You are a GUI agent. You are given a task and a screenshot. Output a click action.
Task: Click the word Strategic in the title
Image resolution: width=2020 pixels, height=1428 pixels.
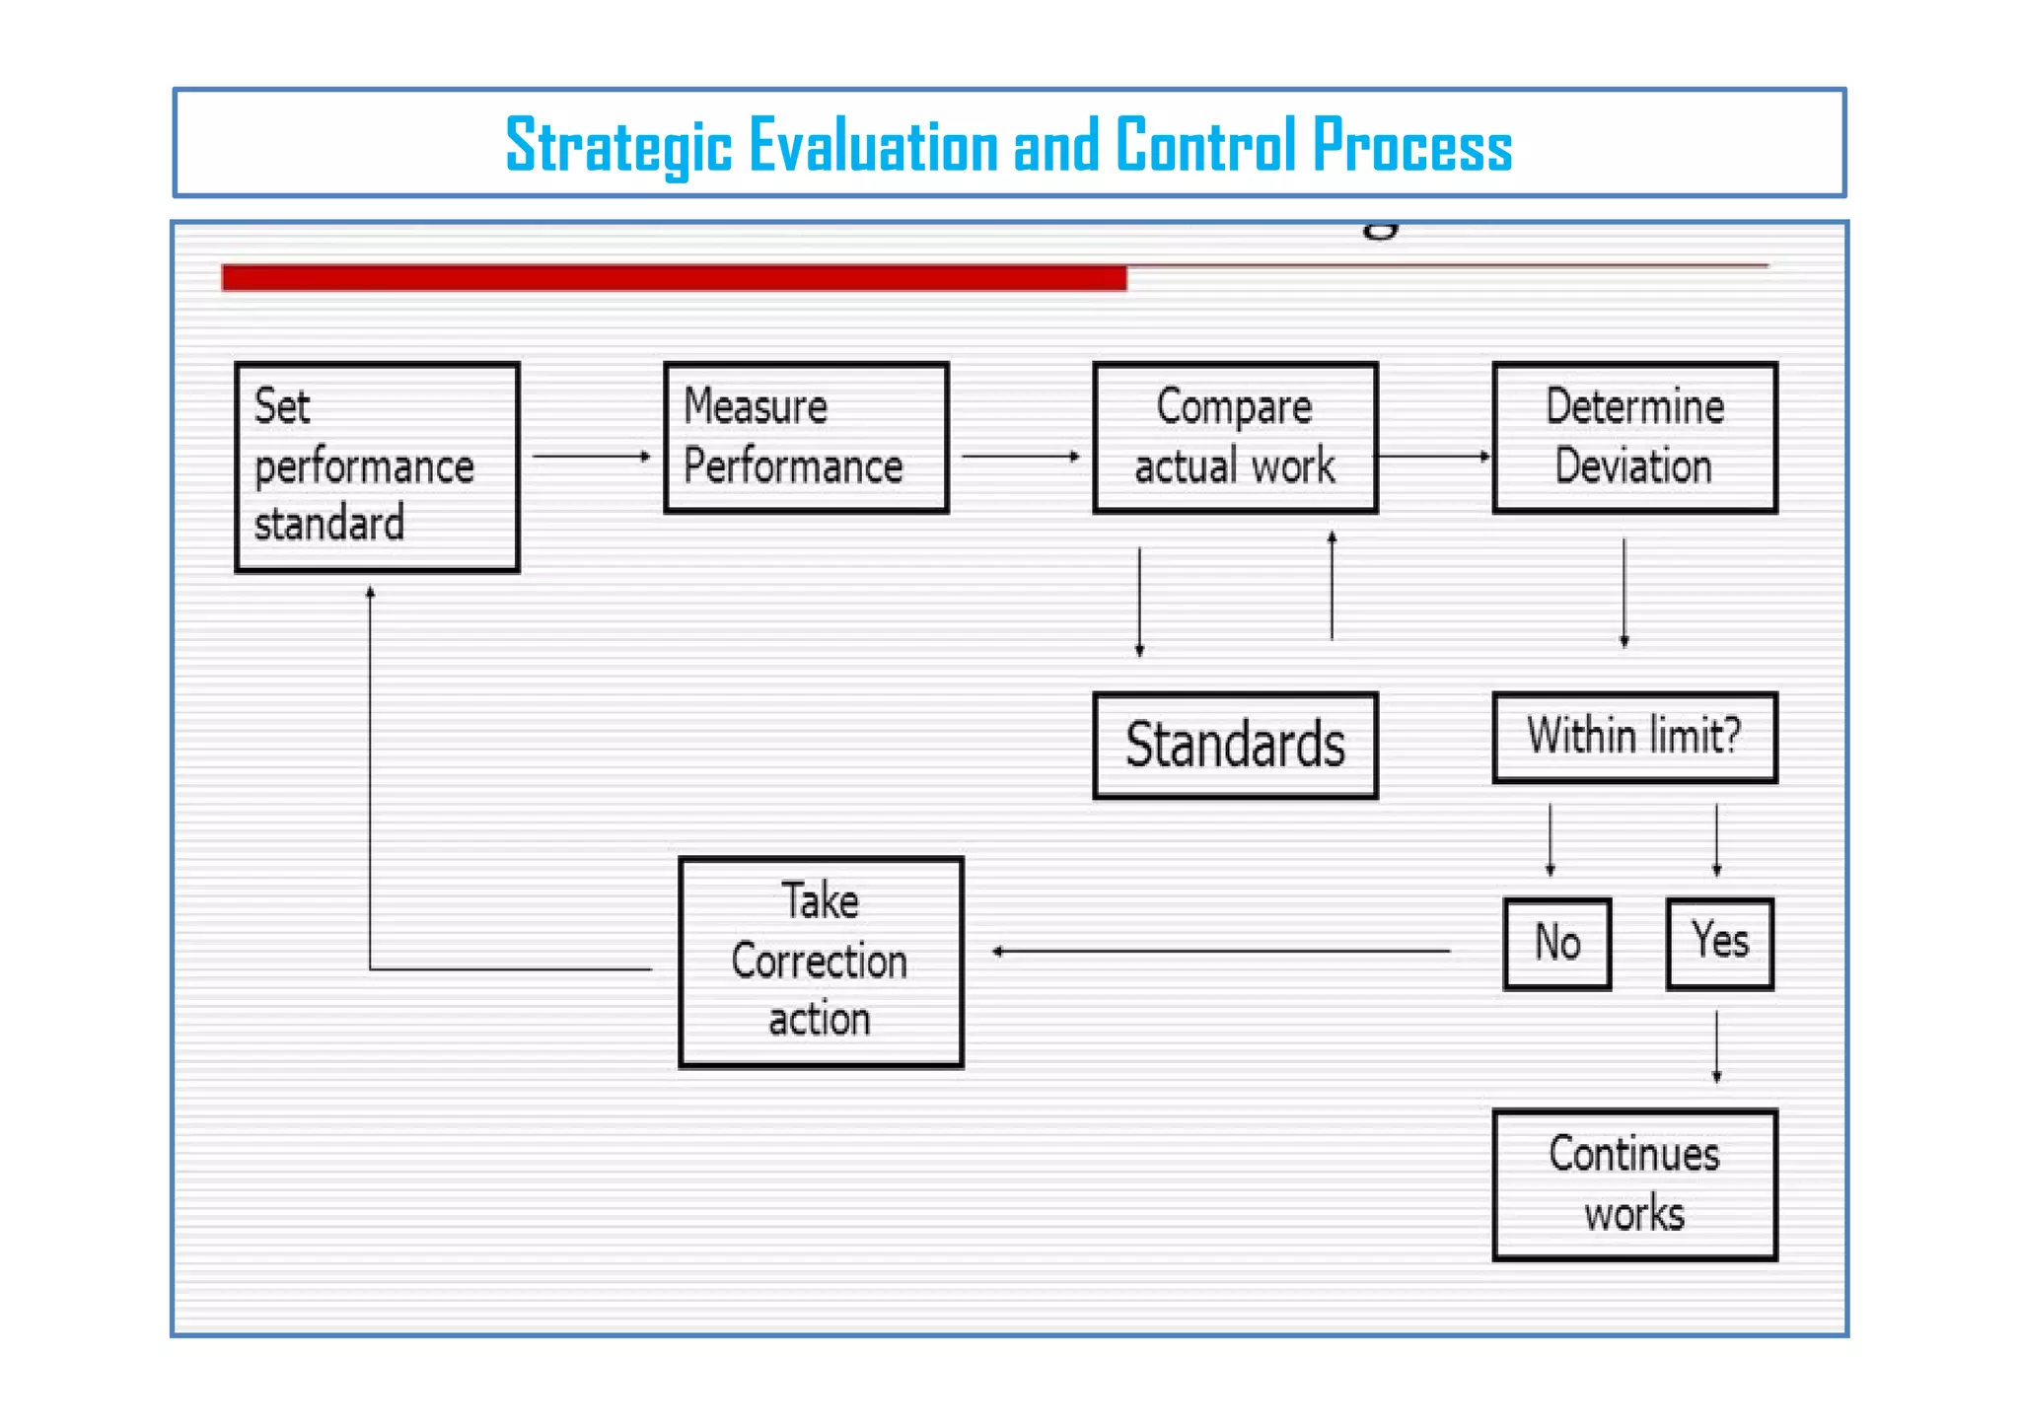click(x=618, y=146)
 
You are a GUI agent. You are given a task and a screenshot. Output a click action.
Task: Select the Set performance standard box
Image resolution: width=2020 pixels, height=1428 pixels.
click(x=377, y=466)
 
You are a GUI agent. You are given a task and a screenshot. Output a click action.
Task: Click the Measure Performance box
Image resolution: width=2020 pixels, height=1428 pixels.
click(x=806, y=438)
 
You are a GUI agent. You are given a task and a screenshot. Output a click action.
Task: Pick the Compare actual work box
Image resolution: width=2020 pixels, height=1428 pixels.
click(x=1235, y=438)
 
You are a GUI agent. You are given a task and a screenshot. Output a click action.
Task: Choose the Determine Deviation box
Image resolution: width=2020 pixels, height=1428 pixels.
click(x=1634, y=438)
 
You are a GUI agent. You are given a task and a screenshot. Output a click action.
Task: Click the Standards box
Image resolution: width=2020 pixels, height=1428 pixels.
click(x=1235, y=746)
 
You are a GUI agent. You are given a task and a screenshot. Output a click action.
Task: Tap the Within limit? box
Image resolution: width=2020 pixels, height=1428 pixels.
click(x=1634, y=738)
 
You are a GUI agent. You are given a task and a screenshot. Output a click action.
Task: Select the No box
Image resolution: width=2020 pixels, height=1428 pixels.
click(x=1557, y=943)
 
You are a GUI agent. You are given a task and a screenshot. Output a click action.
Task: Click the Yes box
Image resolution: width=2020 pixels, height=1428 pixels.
click(x=1719, y=943)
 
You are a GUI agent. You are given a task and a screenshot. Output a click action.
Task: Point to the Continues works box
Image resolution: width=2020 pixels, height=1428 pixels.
click(x=1634, y=1184)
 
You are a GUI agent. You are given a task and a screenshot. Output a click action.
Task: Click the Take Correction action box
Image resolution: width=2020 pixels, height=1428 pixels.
click(x=821, y=962)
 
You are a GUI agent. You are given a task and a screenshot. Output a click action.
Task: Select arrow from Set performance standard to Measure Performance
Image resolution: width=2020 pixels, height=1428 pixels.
click(x=591, y=457)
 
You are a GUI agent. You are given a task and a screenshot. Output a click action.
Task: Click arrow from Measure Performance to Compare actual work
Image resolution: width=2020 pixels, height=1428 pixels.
click(x=1020, y=457)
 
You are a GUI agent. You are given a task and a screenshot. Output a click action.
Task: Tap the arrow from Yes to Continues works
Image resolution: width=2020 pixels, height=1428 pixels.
click(x=1716, y=1046)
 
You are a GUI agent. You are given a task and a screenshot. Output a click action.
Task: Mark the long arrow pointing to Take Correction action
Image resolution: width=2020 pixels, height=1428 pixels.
click(x=1221, y=952)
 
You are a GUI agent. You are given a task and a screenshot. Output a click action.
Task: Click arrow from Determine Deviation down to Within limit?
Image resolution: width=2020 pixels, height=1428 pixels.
click(x=1624, y=592)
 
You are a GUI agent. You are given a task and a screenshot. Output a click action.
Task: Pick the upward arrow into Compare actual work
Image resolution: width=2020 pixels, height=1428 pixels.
click(x=1332, y=586)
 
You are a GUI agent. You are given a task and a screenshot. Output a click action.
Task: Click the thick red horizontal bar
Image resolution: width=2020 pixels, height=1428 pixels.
click(x=674, y=278)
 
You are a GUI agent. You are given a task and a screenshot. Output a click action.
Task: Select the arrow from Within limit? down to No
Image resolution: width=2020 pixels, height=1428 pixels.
click(x=1550, y=839)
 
